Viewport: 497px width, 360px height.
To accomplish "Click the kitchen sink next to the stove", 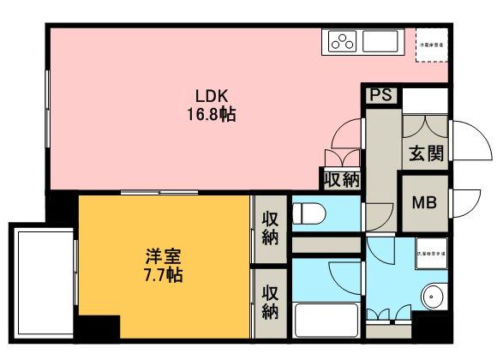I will click(x=379, y=41).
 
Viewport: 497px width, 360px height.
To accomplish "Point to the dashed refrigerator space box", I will click(x=432, y=45).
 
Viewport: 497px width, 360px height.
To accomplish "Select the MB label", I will click(x=424, y=203).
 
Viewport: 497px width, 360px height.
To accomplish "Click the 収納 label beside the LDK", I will click(x=342, y=180).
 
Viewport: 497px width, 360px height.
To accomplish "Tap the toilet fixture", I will click(x=308, y=212).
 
